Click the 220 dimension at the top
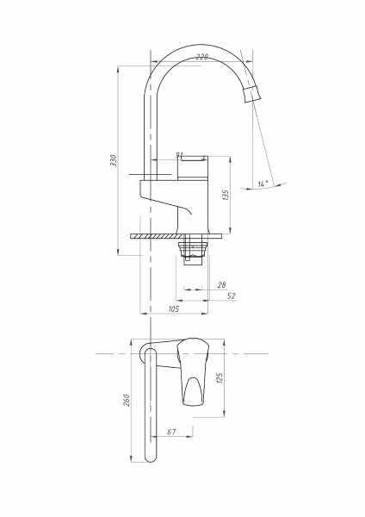click(x=201, y=57)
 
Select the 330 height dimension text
click(x=114, y=161)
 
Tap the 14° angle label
click(x=263, y=184)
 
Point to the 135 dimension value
click(x=226, y=196)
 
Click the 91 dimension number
click(x=179, y=155)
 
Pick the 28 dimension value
click(x=221, y=284)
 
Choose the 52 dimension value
click(x=231, y=296)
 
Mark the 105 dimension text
click(x=173, y=308)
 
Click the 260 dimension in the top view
click(x=127, y=401)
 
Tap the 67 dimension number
click(x=171, y=431)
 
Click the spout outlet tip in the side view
click(x=253, y=94)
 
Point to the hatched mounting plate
click(x=155, y=234)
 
